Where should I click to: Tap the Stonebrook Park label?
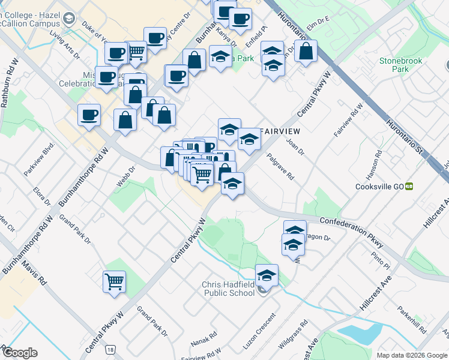point(400,65)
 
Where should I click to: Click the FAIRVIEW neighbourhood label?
point(279,130)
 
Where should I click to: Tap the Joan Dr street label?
point(295,146)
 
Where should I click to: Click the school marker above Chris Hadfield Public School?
point(267,275)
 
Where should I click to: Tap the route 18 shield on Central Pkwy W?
point(109,349)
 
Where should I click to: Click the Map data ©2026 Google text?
point(411,355)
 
